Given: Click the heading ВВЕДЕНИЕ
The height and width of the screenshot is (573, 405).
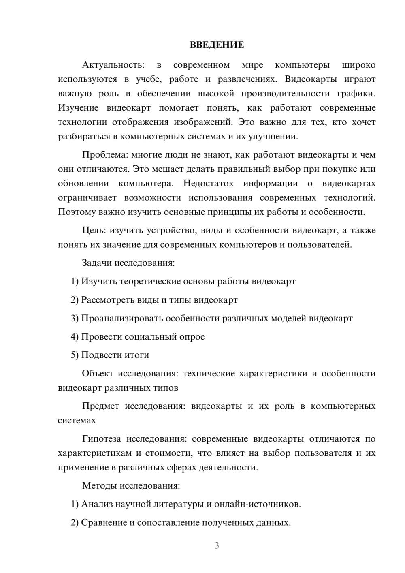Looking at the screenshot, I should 217,45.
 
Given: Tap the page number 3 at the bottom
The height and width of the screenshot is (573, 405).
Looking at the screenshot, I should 217,545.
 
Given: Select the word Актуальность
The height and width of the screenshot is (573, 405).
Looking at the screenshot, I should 113,65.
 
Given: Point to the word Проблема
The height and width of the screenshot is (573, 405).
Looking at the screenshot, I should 104,155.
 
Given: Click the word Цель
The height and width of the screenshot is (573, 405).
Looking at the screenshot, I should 94,231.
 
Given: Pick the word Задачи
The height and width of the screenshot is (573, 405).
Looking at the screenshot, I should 97,263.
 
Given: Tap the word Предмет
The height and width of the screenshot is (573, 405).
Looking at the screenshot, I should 100,406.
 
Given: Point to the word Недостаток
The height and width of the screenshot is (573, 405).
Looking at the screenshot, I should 208,183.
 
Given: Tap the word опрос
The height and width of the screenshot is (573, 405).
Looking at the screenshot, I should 192,337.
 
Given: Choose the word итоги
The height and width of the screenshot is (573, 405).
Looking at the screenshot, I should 136,355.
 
